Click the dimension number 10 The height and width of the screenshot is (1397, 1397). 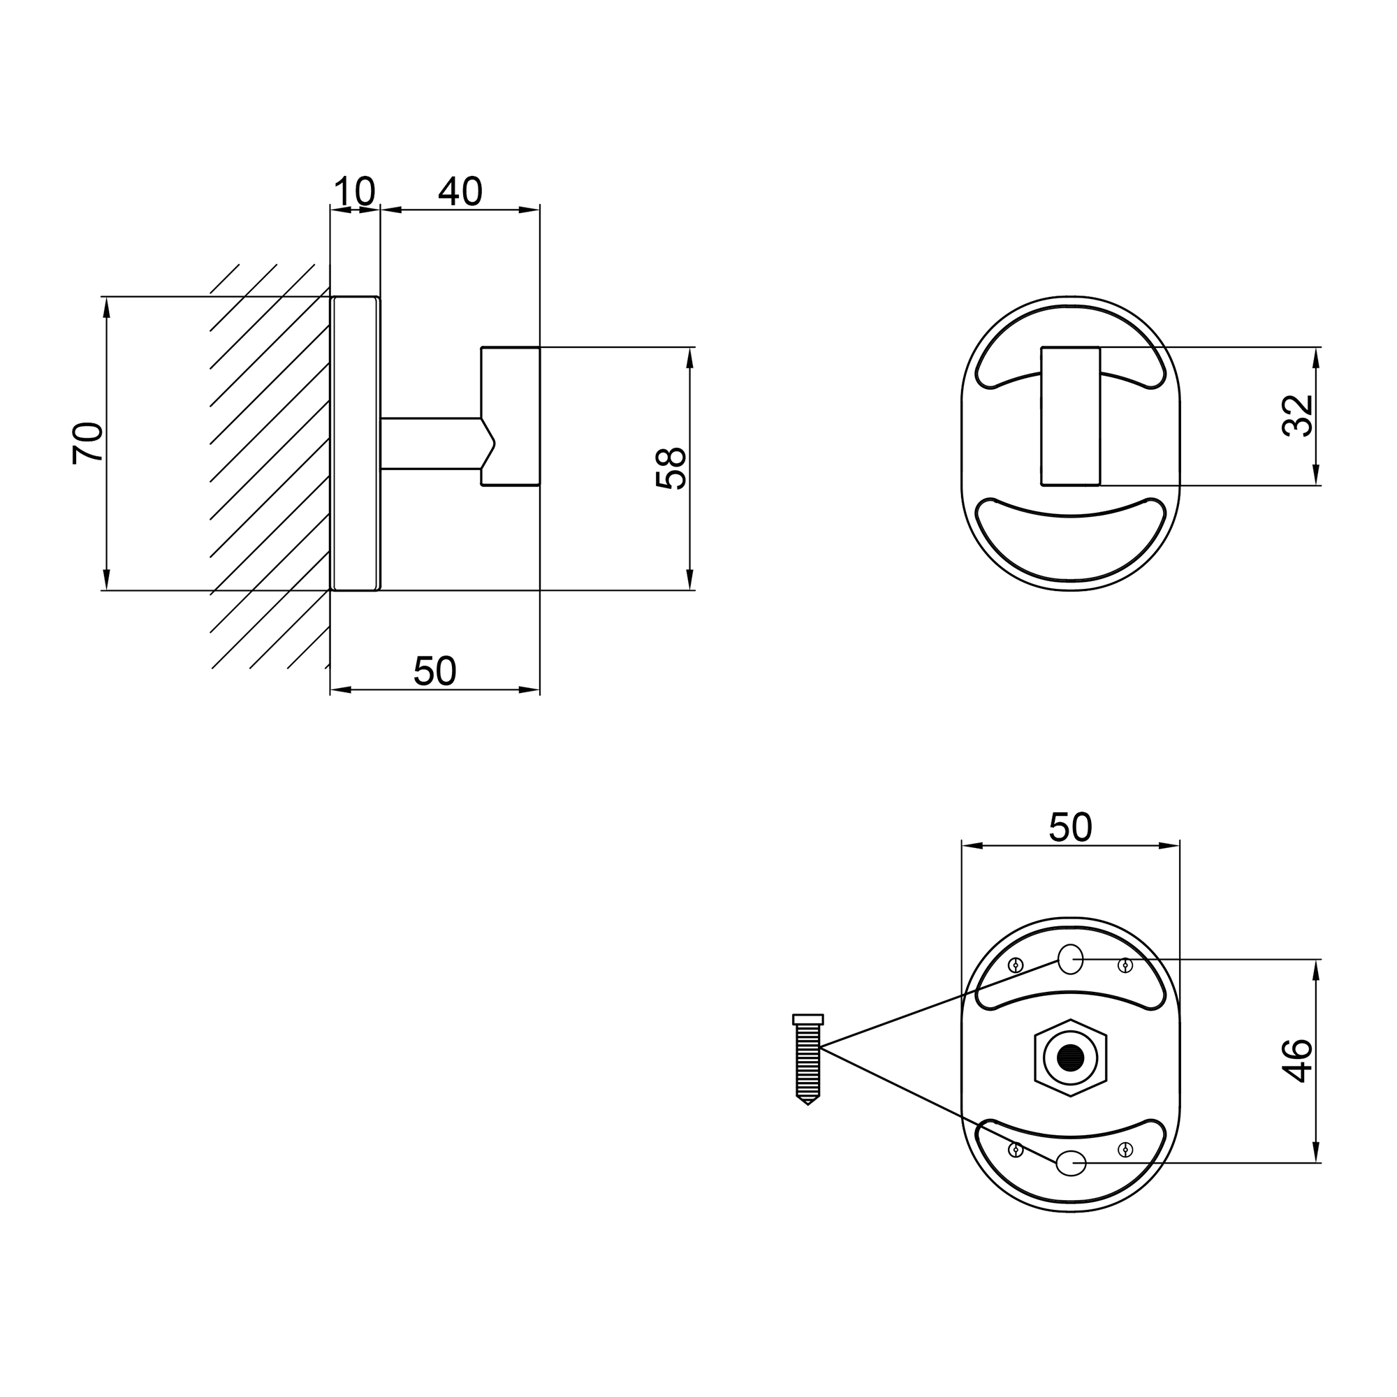pos(354,191)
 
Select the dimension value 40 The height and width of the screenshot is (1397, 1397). pos(460,191)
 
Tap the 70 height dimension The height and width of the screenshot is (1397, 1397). pos(88,443)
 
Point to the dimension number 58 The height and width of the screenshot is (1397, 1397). pos(671,469)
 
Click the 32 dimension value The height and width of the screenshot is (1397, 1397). pos(1297,415)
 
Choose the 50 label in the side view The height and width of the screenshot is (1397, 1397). pos(434,671)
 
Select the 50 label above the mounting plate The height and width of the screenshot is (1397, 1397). pos(1070,827)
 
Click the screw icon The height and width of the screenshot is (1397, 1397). pos(807,1060)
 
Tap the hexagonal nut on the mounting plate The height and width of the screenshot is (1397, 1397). pos(1070,1058)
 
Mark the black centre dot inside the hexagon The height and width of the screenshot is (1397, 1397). pos(1070,1058)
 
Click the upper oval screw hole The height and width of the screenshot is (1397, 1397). pos(1070,959)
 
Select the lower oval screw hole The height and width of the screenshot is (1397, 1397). pos(1071,1163)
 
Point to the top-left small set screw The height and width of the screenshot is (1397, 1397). pos(1016,965)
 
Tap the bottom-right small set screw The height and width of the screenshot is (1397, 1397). pos(1125,1150)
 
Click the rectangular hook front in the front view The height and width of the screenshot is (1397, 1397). pos(1070,416)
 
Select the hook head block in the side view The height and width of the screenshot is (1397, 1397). pos(511,416)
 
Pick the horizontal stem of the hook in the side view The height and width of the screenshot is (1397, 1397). pos(431,444)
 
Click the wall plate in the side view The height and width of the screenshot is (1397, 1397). pos(355,444)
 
